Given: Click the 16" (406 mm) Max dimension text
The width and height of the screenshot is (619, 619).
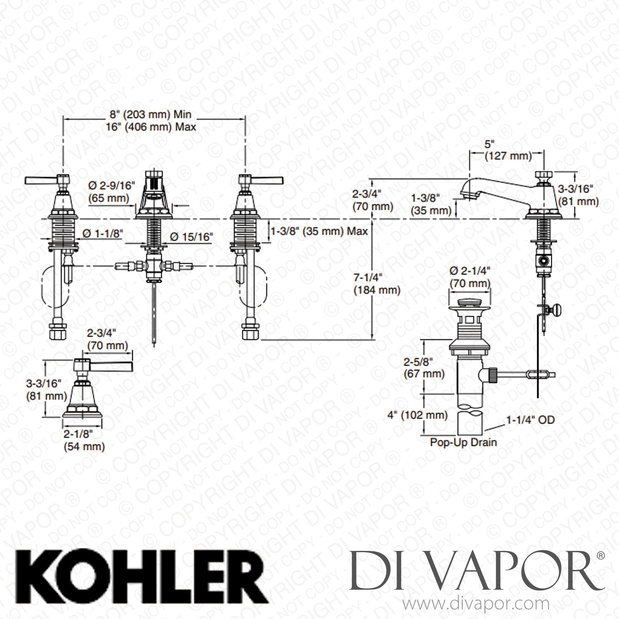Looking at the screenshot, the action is click(x=150, y=127).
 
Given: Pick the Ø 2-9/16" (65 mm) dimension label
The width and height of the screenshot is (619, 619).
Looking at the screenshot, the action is click(x=112, y=192).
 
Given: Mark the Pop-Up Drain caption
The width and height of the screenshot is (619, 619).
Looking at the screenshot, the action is click(x=463, y=442).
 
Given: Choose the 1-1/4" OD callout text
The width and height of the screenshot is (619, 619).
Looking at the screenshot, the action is click(x=530, y=420).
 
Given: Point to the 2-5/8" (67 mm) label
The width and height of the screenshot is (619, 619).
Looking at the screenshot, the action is click(x=424, y=368).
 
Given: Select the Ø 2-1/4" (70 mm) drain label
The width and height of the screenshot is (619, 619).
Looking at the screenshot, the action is click(x=470, y=277).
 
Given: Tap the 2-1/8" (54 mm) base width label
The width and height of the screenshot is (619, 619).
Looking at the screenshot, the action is click(x=84, y=440).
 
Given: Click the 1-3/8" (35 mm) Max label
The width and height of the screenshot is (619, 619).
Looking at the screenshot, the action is click(x=319, y=232).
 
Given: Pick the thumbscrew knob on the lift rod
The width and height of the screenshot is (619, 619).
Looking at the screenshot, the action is click(x=558, y=308).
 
